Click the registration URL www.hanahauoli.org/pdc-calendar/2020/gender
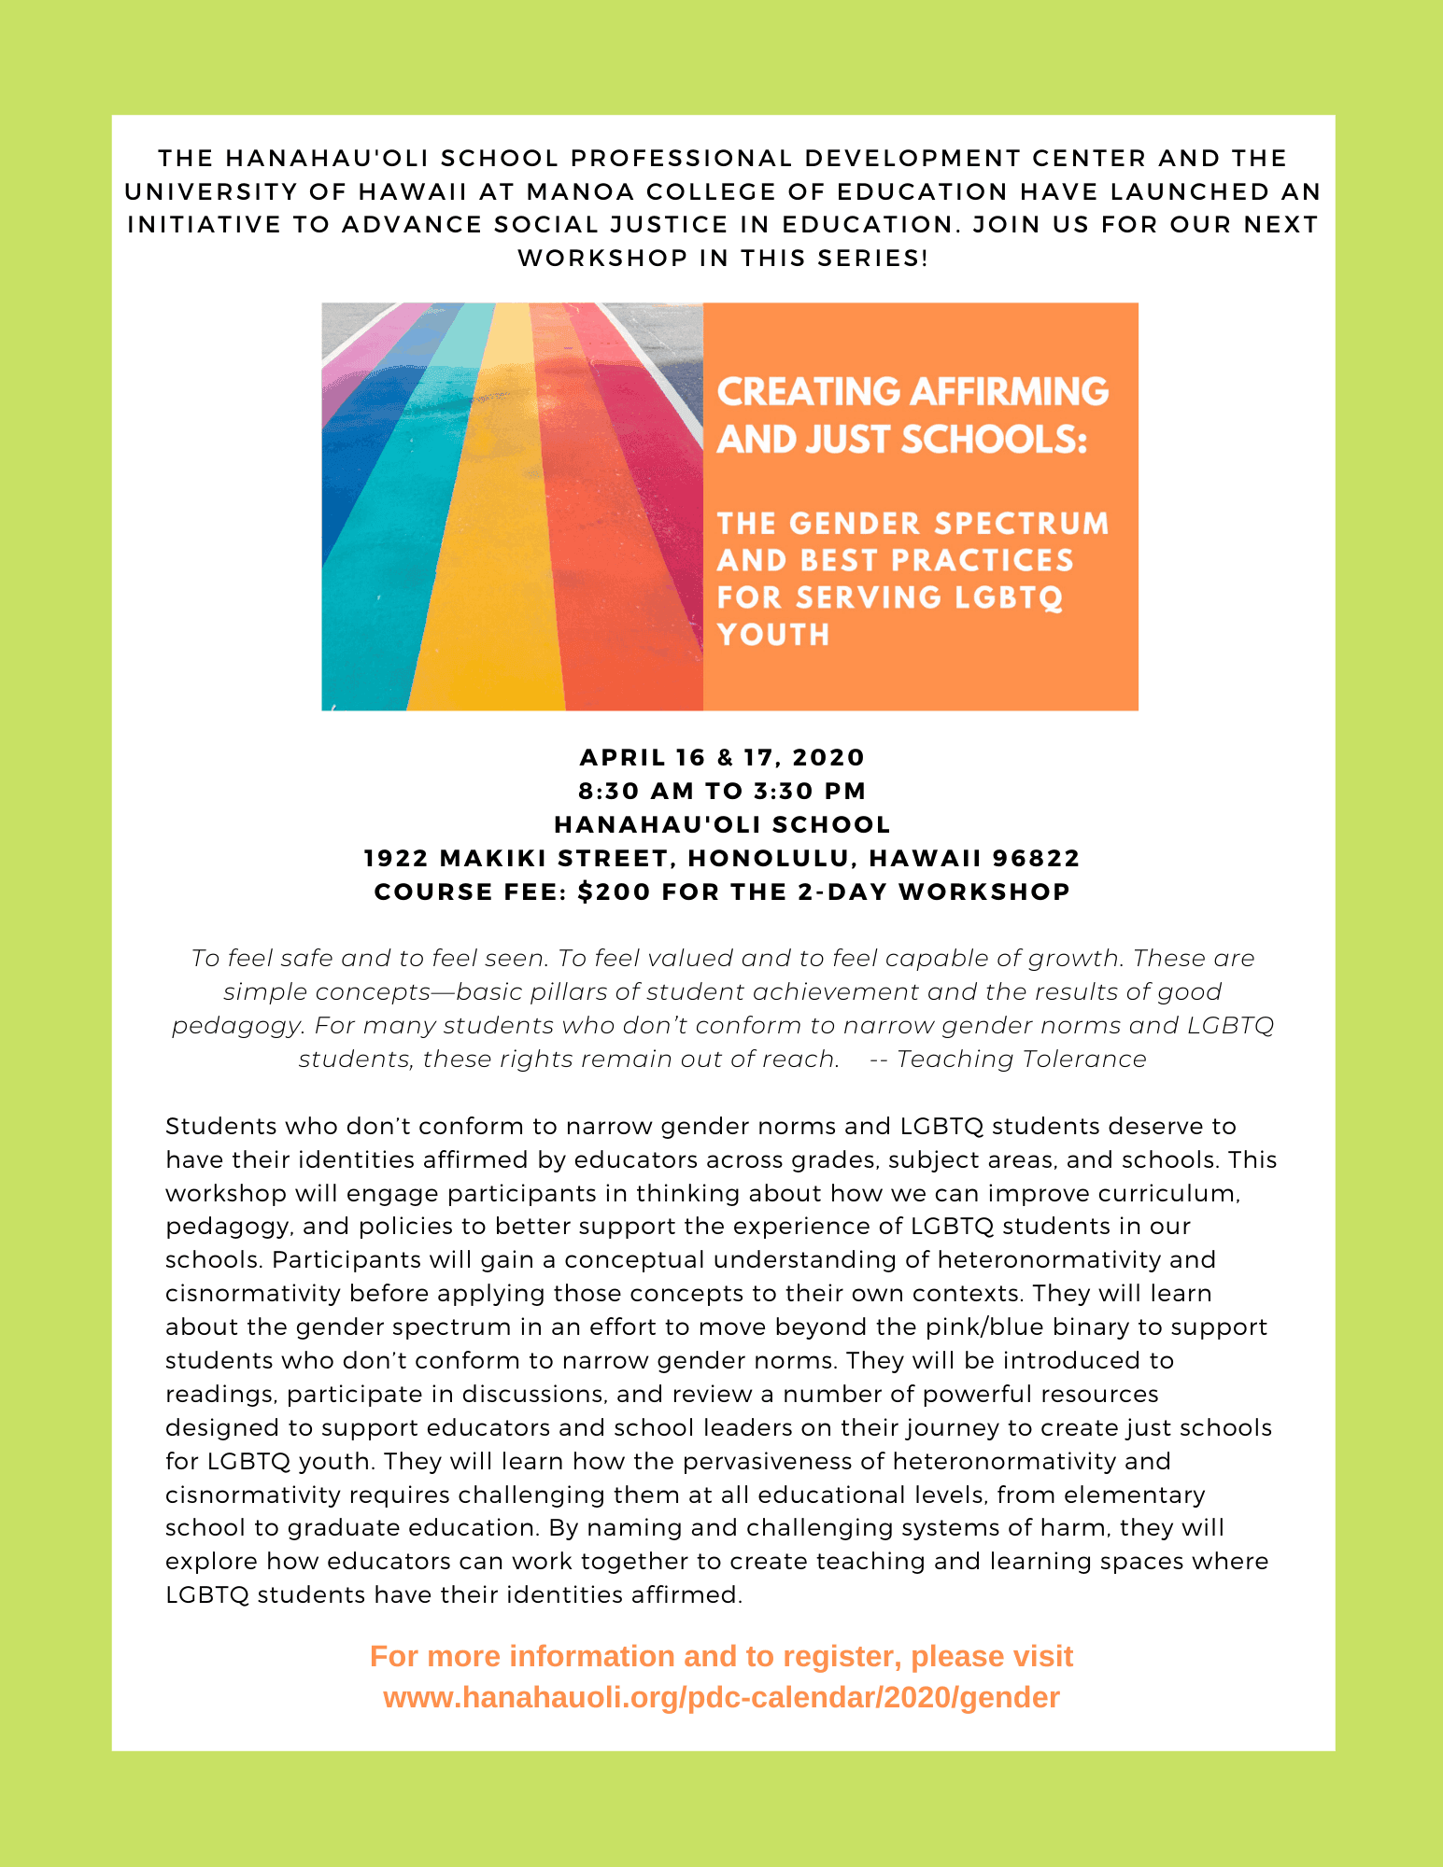coord(721,1697)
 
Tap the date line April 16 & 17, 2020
coord(722,757)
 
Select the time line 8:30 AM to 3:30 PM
coord(722,791)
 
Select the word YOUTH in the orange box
coord(773,635)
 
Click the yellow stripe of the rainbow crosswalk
coord(495,560)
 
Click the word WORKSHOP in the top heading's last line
coord(602,258)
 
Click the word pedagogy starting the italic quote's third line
coord(237,1026)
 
